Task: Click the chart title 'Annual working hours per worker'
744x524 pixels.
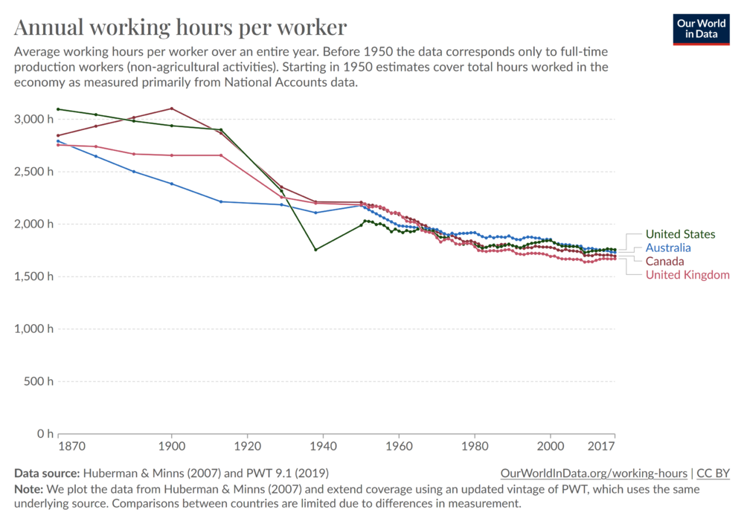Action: tap(180, 28)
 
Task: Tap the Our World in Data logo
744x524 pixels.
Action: tap(701, 28)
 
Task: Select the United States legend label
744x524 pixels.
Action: tap(680, 235)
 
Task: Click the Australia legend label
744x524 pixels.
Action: tap(668, 248)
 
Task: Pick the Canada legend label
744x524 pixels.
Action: tap(664, 262)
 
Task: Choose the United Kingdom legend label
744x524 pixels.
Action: tap(687, 275)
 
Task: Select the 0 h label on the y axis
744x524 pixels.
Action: tap(43, 433)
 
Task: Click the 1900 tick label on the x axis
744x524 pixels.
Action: tap(172, 447)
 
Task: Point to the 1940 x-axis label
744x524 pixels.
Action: tap(323, 447)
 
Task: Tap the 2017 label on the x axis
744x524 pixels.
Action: tap(601, 447)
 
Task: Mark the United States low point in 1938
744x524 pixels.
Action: tap(315, 250)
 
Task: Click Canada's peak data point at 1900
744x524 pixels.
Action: tap(172, 109)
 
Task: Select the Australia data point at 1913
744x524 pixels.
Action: tap(221, 201)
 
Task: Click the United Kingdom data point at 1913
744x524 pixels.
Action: tap(221, 155)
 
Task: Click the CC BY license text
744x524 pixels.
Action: tap(713, 473)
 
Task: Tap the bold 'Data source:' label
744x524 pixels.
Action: tap(46, 473)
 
